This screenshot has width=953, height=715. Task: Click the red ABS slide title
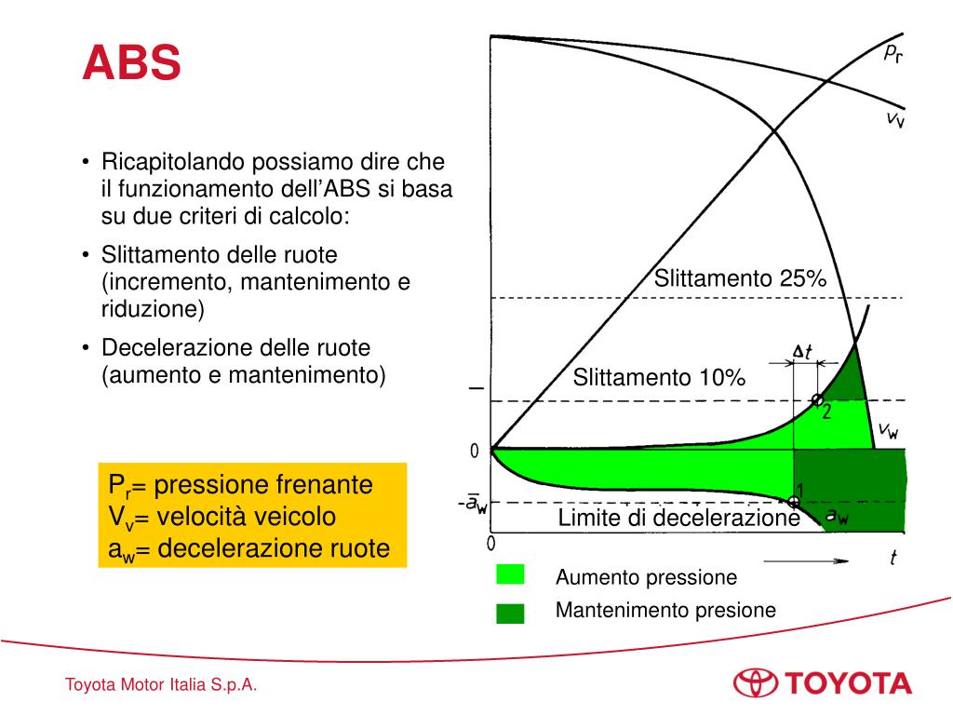131,64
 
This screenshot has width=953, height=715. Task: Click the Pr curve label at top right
893,53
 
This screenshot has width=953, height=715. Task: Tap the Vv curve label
894,119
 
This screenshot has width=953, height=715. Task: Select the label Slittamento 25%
739,278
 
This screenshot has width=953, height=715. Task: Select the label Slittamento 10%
659,377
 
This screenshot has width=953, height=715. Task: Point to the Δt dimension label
802,351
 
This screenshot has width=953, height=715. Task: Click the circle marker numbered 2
817,400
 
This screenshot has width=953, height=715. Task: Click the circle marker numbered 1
793,501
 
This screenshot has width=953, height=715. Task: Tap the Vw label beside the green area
889,430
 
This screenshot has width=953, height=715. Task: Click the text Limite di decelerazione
678,519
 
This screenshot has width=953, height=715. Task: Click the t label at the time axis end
894,558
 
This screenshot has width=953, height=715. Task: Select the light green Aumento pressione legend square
510,575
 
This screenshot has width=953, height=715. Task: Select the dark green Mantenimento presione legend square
510,612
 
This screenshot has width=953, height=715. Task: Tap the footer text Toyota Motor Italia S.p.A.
161,686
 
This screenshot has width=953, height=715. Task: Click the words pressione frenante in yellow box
263,485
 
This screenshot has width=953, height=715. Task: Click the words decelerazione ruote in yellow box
274,548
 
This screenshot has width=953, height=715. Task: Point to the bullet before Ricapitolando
86,163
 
